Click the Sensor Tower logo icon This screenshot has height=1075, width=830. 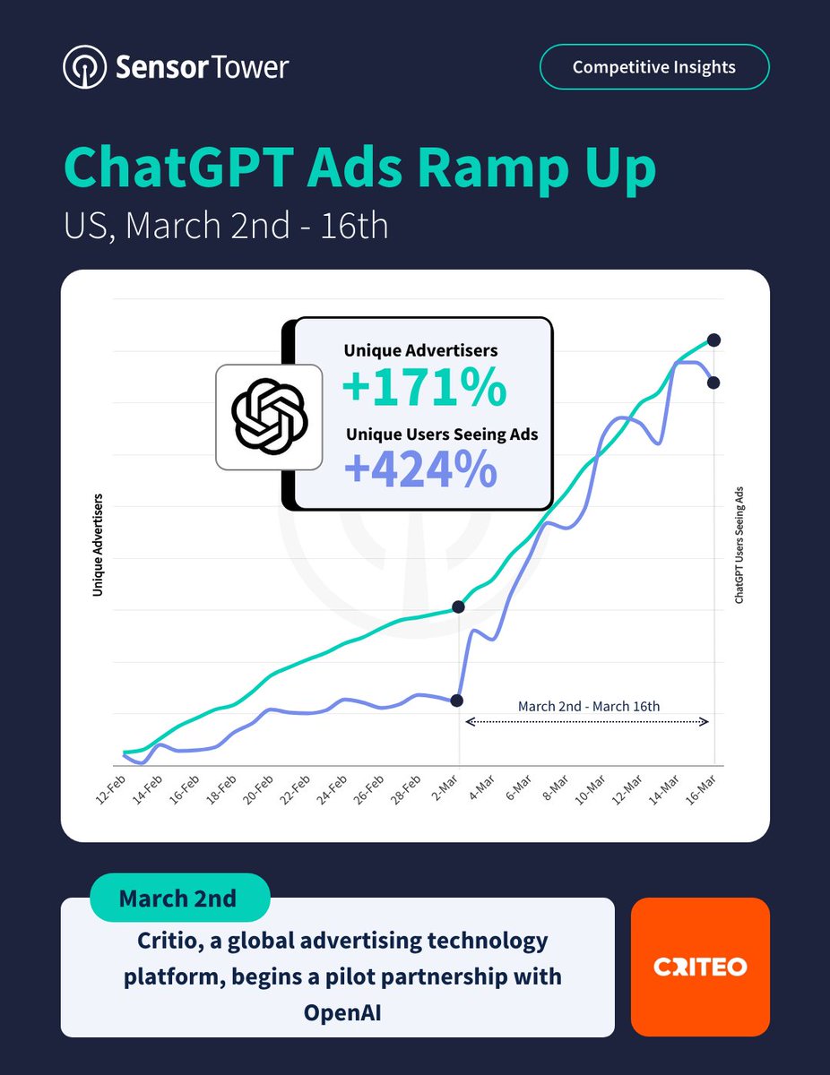pos(83,68)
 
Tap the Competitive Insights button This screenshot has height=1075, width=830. pos(653,67)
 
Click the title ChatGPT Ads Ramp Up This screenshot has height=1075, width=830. pos(359,167)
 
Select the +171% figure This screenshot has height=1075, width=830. pos(424,388)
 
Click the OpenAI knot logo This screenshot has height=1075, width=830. pos(269,417)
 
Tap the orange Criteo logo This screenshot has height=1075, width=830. pos(700,967)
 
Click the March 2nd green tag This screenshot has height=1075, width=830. pos(179,898)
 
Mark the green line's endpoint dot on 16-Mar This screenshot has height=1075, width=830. pos(713,340)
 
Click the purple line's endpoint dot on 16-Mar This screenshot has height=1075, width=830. pos(713,383)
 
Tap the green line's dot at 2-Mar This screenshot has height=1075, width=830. pos(459,607)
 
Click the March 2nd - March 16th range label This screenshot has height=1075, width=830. pos(588,706)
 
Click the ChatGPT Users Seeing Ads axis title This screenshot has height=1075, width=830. pos(739,545)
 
